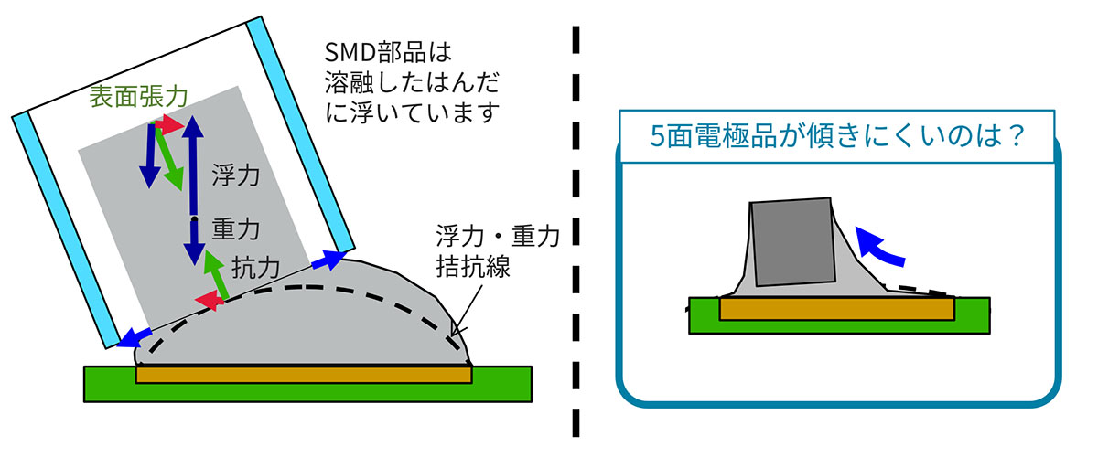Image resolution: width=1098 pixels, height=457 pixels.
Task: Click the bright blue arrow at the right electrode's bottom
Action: pyautogui.click(x=326, y=261)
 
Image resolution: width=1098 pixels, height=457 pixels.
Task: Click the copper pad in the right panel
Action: pyautogui.click(x=837, y=309)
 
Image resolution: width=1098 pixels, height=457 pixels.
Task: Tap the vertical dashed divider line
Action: pyautogui.click(x=577, y=228)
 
